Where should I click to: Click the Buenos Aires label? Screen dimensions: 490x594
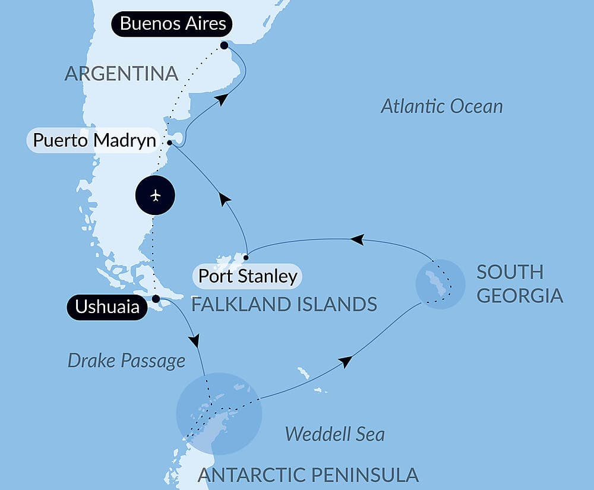172,24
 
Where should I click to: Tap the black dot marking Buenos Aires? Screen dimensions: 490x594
224,45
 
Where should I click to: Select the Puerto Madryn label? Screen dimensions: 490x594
94,141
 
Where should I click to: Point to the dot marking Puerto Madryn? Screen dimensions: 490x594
170,143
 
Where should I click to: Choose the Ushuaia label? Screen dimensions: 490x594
107,307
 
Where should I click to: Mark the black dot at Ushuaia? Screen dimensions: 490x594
156,299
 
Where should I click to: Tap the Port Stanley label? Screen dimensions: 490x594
247,276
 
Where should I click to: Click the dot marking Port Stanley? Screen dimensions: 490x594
245,258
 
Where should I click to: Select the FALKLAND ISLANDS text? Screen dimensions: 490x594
284,305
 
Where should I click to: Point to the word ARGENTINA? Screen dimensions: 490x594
121,74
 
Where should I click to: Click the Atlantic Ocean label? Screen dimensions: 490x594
442,106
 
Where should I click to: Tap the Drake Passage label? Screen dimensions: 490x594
127,361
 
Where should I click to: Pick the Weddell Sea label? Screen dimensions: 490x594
334,434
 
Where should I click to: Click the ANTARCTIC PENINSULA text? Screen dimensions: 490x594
308,475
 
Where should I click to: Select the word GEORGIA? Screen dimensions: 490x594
520,296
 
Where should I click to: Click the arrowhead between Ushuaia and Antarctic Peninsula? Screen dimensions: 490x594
194,341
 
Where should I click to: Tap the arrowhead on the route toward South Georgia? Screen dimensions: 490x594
345,362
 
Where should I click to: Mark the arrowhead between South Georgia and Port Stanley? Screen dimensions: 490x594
356,239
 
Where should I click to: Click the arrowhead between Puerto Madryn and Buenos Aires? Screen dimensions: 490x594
221,100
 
